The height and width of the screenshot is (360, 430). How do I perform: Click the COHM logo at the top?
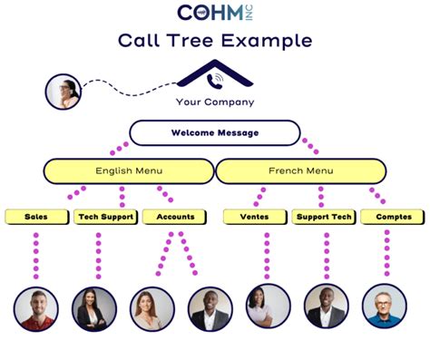click(214, 14)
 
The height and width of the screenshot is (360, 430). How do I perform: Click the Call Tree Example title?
click(215, 41)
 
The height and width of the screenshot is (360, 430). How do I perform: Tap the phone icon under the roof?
click(216, 81)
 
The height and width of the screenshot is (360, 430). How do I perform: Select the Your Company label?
click(215, 102)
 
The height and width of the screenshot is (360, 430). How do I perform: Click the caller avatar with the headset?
click(64, 91)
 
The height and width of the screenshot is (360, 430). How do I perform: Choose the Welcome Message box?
click(215, 133)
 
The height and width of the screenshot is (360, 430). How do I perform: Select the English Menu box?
click(128, 170)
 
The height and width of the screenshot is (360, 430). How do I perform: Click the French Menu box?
click(301, 170)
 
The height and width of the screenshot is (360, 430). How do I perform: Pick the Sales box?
click(36, 217)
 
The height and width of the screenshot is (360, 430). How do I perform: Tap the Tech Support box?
click(105, 217)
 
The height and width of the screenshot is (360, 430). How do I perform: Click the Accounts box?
click(175, 217)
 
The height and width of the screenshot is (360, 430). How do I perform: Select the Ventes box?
click(255, 217)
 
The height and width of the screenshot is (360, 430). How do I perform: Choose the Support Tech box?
click(323, 217)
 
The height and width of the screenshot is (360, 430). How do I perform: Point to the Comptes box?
click(393, 217)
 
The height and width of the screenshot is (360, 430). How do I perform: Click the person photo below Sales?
click(36, 308)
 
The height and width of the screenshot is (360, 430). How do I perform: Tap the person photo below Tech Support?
click(94, 308)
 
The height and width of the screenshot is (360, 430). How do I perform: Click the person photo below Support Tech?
click(326, 306)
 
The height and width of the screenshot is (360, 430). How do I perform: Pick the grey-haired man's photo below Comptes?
click(385, 306)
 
